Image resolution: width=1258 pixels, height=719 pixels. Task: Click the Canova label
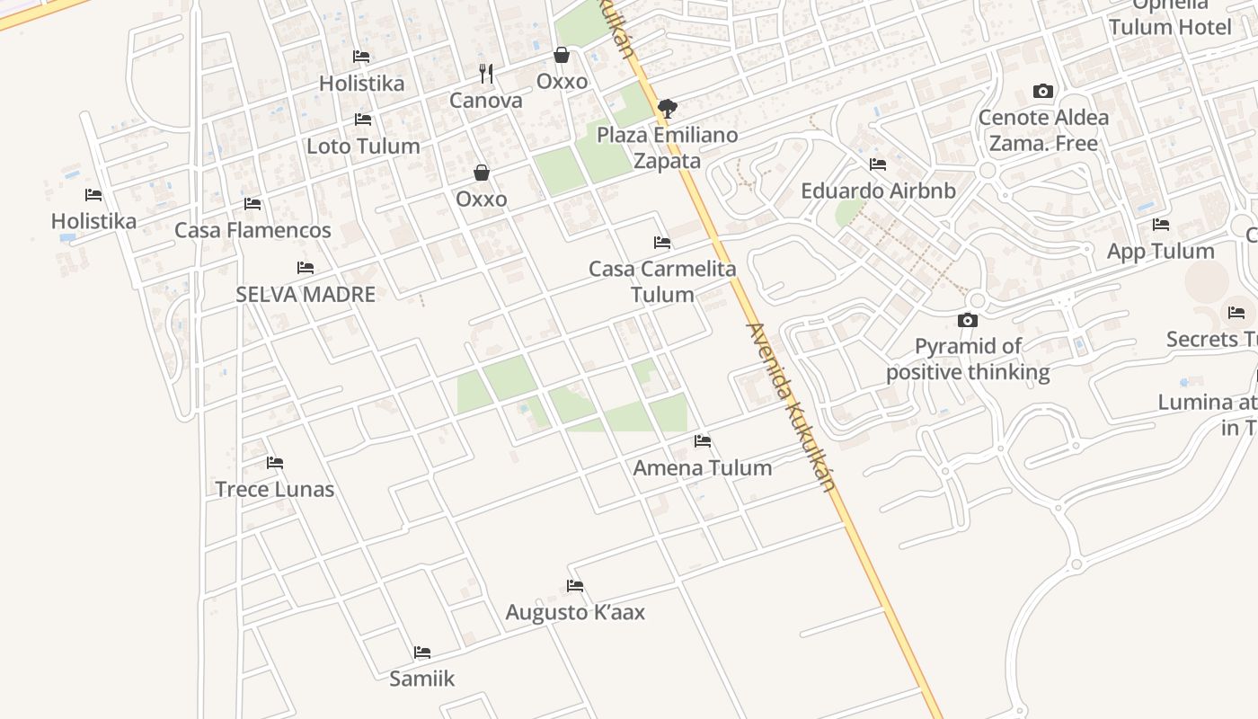tap(485, 101)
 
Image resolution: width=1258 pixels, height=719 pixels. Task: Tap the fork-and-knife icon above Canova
tap(486, 74)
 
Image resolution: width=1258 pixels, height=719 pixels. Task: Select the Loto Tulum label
tap(363, 146)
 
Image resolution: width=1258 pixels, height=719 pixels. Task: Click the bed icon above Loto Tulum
tap(363, 119)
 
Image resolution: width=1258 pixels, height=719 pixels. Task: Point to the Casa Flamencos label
tap(252, 230)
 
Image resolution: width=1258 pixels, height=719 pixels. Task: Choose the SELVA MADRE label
tap(306, 294)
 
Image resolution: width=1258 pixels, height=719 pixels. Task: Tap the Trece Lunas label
tap(274, 490)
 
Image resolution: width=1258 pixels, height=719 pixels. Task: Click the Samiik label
tap(421, 679)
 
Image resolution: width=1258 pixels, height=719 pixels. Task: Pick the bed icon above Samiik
tap(422, 652)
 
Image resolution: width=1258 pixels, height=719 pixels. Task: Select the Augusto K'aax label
tap(575, 612)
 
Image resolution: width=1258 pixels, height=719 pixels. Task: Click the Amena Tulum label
tap(702, 467)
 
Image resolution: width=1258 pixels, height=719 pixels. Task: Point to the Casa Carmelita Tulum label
tap(662, 281)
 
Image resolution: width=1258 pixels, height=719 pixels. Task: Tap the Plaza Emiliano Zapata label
tap(667, 147)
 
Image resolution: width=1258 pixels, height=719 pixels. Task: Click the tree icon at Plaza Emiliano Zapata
tap(667, 109)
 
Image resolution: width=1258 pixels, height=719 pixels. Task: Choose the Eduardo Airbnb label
tap(878, 191)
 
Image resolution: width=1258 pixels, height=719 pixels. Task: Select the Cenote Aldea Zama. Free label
tap(1043, 130)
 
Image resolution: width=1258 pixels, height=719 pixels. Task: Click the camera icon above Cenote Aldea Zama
tap(1043, 91)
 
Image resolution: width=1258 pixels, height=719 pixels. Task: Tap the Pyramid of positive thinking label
tap(968, 359)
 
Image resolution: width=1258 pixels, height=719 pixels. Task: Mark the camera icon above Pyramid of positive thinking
tap(968, 320)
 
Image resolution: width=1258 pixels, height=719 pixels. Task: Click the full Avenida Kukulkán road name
tap(791, 406)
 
